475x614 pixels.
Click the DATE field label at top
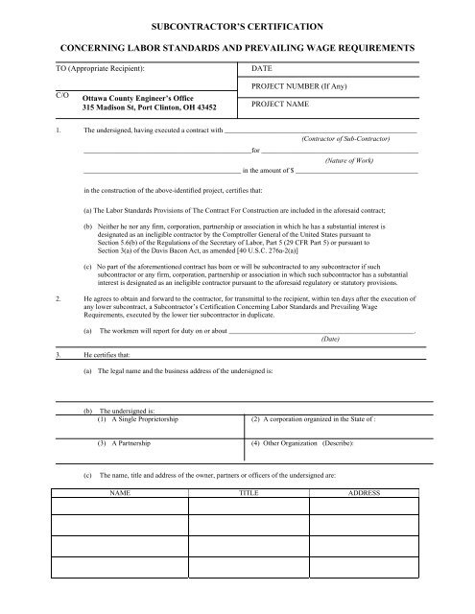tap(262, 70)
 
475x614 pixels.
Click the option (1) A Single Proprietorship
tap(143, 420)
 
